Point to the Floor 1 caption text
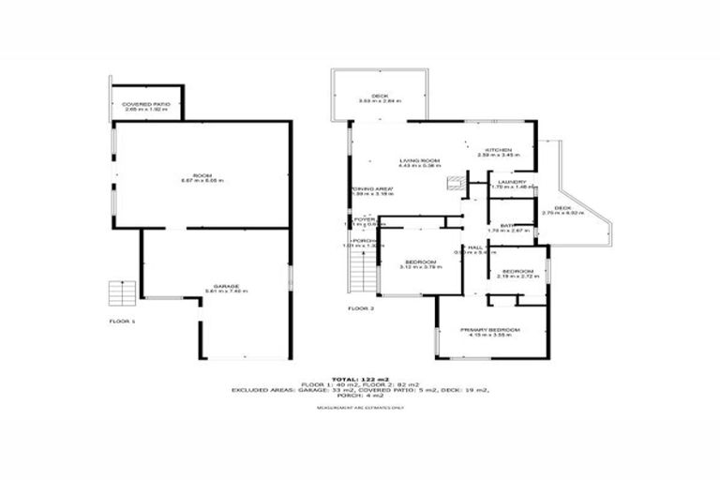point(123,322)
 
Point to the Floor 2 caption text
point(360,307)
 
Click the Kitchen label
point(497,150)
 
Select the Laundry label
point(511,182)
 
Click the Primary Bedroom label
point(489,331)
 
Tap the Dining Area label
point(372,190)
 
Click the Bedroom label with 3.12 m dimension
point(421,262)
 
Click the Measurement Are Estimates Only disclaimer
point(360,408)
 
